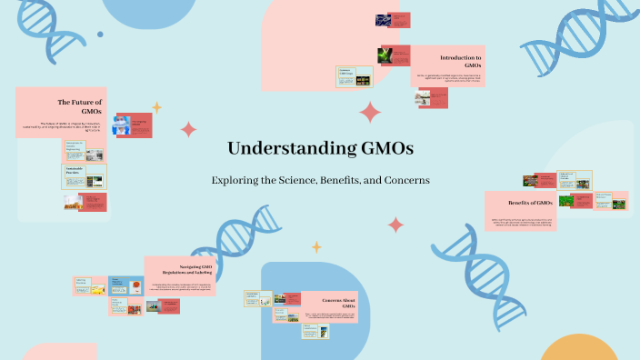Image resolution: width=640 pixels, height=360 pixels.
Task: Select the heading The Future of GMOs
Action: pos(80,107)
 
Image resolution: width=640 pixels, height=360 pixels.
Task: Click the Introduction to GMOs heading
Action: pos(460,61)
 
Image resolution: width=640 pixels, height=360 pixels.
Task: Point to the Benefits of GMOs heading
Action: pos(531,202)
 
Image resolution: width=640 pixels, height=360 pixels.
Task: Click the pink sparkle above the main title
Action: pos(370,113)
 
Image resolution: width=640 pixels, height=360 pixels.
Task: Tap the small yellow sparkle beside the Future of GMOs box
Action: pos(156,107)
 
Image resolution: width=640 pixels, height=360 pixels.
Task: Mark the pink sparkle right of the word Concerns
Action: pos(395,225)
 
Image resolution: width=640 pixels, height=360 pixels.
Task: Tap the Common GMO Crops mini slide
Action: pos(354,77)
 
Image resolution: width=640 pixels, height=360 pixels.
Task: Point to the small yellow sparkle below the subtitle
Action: pos(316,246)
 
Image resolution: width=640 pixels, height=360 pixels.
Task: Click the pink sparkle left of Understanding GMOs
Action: pos(188,129)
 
